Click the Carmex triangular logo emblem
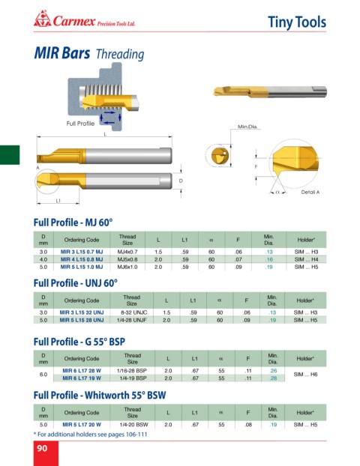click(x=43, y=19)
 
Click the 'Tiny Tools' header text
click(x=297, y=22)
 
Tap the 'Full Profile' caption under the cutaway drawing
click(x=80, y=124)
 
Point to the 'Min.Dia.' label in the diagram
click(x=247, y=127)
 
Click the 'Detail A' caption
click(x=310, y=193)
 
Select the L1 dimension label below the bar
click(x=58, y=201)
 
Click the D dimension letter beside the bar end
click(x=181, y=181)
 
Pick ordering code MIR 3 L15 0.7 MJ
click(x=82, y=252)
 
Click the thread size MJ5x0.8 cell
click(x=127, y=259)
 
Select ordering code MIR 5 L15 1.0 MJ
click(x=82, y=267)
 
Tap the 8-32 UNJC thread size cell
click(x=134, y=312)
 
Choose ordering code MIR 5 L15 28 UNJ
click(x=82, y=320)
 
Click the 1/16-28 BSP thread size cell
click(x=132, y=371)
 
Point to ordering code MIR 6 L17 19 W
click(x=82, y=378)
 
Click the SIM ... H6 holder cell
click(x=305, y=375)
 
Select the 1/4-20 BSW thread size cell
click(x=133, y=425)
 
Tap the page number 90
click(x=42, y=448)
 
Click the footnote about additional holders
click(x=91, y=435)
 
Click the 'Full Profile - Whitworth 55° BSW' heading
click(x=100, y=396)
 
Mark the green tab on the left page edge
click(x=10, y=155)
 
